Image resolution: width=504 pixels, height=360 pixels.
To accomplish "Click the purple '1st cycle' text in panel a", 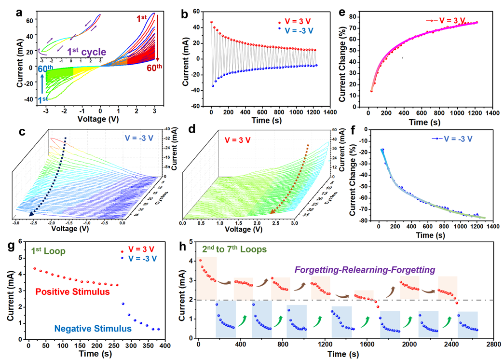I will (86, 51).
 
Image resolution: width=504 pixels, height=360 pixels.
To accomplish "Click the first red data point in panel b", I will (211, 22).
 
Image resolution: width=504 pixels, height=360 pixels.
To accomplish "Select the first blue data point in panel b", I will (213, 85).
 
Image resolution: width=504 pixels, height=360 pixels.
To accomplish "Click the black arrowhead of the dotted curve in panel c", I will (31, 214).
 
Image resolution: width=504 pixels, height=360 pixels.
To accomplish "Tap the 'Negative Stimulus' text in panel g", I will (93, 329).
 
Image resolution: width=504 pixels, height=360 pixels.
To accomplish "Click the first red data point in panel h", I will (200, 261).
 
